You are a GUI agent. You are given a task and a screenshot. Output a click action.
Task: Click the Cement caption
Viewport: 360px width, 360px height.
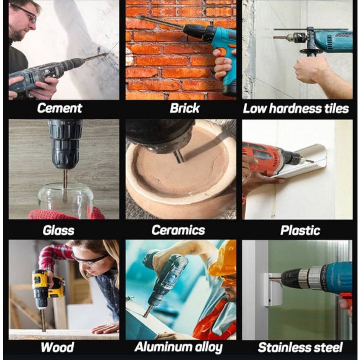(x=60, y=108)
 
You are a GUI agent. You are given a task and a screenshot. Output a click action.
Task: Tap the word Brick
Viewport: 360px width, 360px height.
(x=185, y=108)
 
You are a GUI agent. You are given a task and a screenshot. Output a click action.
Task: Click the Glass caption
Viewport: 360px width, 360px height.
(x=59, y=230)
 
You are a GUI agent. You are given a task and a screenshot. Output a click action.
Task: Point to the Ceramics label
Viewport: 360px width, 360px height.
(x=178, y=230)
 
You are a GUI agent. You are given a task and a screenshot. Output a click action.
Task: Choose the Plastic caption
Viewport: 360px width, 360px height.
(x=300, y=230)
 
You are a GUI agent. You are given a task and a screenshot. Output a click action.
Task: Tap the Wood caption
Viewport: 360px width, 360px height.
(x=57, y=347)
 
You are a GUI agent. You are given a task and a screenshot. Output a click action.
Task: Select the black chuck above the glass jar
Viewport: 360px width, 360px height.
(x=65, y=144)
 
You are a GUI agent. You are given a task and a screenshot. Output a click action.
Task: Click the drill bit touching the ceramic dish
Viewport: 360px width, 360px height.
(x=179, y=157)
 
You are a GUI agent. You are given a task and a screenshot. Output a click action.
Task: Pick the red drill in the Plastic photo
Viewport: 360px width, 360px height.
(x=271, y=159)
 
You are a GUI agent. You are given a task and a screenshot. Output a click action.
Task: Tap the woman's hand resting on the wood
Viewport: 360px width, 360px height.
(x=106, y=328)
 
